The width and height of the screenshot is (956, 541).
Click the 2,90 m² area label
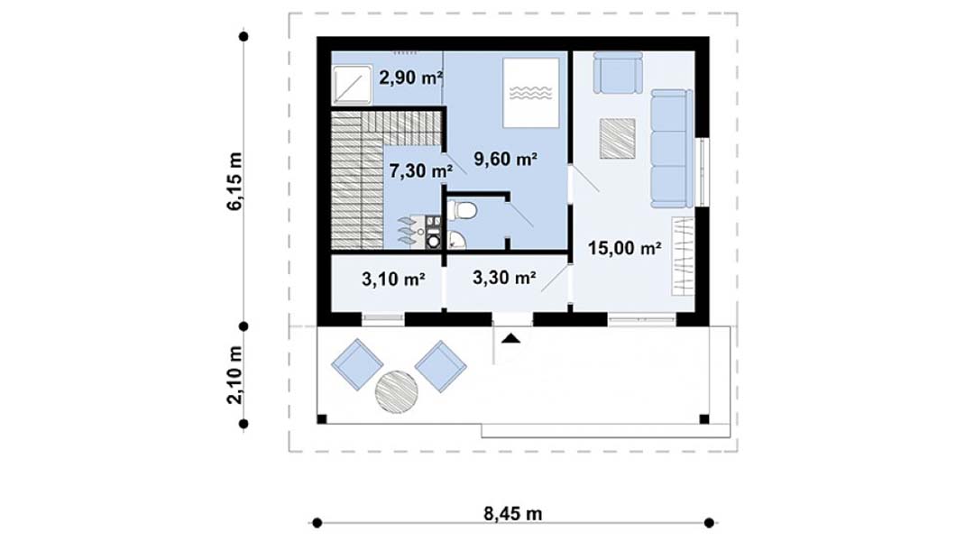tap(410, 78)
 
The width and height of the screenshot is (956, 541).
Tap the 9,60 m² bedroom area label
tap(505, 159)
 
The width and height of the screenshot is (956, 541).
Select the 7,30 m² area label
tap(420, 170)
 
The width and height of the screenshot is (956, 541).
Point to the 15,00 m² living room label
tap(625, 248)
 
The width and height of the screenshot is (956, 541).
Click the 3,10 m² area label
tap(393, 279)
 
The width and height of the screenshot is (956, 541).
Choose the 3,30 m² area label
tap(504, 278)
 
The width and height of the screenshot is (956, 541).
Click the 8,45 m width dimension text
tap(513, 514)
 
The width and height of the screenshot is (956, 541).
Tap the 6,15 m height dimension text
tap(234, 181)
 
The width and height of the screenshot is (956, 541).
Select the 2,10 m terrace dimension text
tap(234, 375)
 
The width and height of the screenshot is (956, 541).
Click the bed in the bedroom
tap(531, 93)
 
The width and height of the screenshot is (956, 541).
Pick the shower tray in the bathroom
tap(353, 84)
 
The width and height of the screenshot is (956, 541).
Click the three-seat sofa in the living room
tap(672, 148)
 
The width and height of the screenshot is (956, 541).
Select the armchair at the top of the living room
tap(618, 72)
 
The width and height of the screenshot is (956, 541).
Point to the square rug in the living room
tap(618, 138)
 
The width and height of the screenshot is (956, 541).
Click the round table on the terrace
tap(396, 392)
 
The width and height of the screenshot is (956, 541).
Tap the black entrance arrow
tap(511, 339)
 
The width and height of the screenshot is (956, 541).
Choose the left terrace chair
tap(357, 364)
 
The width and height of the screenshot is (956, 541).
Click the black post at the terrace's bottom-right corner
tap(704, 419)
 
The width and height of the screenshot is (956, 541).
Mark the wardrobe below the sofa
tap(683, 256)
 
